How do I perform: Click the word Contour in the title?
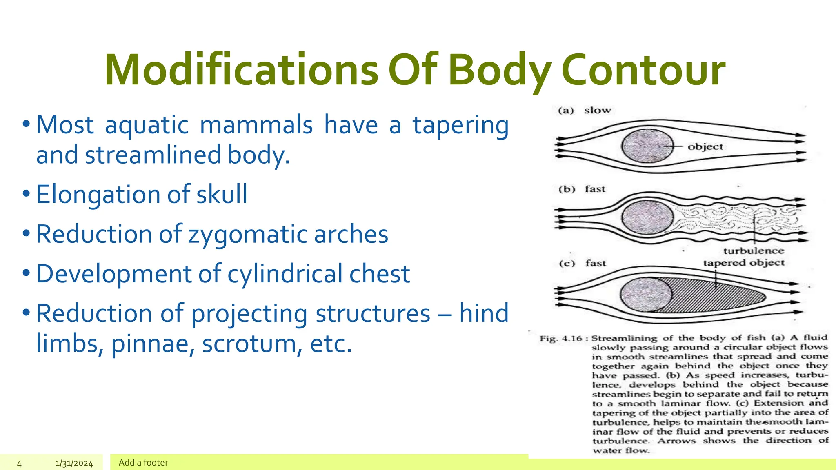point(643,70)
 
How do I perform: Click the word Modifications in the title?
point(241,70)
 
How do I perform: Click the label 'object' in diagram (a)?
point(705,146)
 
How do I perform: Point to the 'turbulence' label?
point(754,251)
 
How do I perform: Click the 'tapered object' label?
point(744,263)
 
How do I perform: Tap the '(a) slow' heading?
point(584,110)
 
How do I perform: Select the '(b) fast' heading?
point(582,189)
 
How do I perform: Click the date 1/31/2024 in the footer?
point(74,463)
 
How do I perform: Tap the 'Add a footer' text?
point(143,463)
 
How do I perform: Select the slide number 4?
point(19,463)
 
